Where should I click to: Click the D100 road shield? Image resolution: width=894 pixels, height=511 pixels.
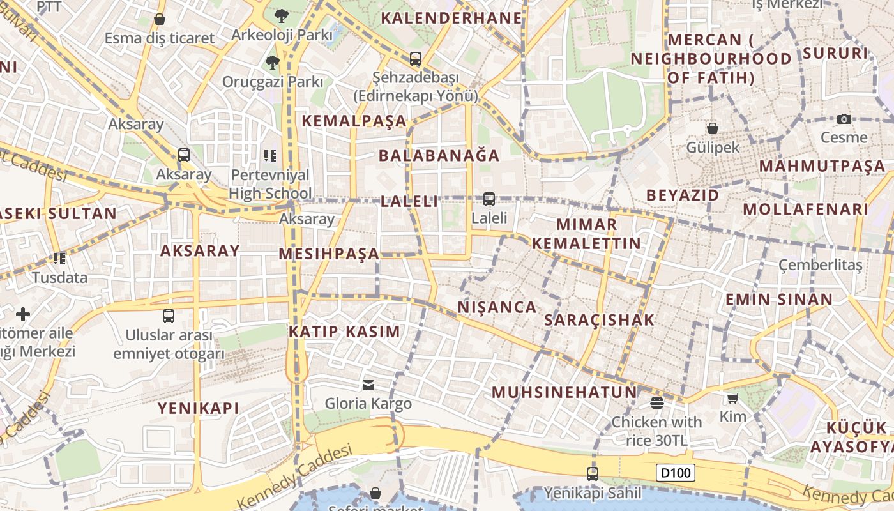(676, 473)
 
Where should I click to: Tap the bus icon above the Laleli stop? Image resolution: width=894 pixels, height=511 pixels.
(489, 199)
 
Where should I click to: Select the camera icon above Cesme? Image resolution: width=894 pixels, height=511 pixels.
(844, 119)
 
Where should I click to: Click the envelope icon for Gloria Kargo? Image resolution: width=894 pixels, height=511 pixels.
(368, 385)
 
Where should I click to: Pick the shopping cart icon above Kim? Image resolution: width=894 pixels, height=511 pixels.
(732, 398)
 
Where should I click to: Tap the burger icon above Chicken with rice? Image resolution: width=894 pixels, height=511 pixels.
(656, 402)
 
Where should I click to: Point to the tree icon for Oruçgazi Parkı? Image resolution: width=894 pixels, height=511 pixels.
(273, 62)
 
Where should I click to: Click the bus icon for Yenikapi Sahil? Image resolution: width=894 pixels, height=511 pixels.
(593, 473)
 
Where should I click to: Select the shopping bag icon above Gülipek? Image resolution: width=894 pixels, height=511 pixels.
(713, 128)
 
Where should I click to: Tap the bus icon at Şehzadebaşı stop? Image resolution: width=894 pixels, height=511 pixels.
(416, 59)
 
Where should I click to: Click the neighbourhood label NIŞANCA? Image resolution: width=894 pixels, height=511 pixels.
(497, 307)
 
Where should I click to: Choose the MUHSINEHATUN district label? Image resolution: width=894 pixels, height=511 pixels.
(564, 392)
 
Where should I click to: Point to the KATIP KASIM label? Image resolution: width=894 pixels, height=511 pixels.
(345, 332)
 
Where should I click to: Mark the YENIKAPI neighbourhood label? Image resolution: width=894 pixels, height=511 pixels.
(199, 408)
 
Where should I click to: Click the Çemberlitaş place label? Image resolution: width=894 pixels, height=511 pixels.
(821, 264)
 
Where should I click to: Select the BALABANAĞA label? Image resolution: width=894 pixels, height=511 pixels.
(439, 156)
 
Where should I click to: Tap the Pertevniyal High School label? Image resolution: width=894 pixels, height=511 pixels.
(270, 184)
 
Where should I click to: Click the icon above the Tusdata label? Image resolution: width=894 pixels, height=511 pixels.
(60, 259)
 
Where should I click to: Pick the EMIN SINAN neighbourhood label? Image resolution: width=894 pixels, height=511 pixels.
(779, 300)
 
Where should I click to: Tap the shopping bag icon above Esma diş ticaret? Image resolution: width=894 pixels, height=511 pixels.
(160, 19)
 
